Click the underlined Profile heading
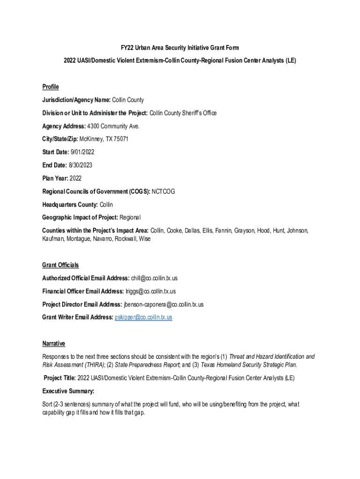coord(50,87)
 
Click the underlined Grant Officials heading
coord(60,265)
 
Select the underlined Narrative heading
coord(54,343)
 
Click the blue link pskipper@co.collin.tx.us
coord(144,317)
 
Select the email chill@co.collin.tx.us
coord(154,278)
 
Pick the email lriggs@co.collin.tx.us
coord(151,291)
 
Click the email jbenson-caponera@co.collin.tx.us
coord(164,305)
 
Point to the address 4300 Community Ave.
coord(113,126)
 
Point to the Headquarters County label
coord(70,204)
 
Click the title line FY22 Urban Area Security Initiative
coord(180,48)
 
